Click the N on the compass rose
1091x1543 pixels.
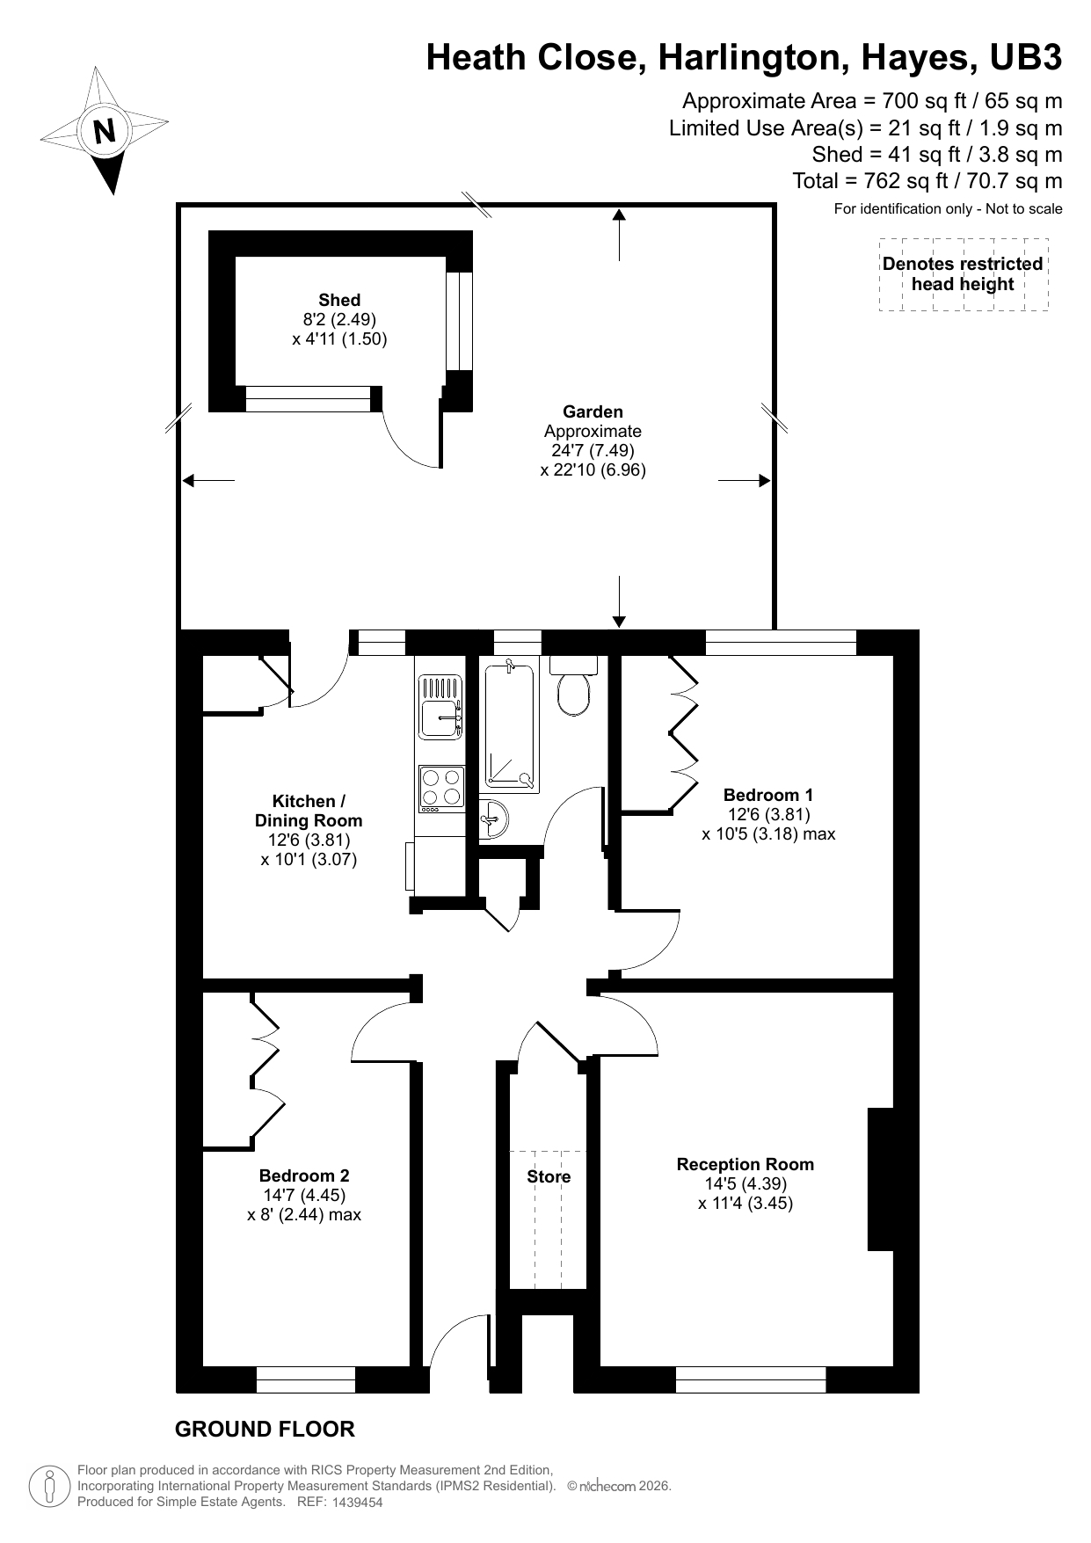tap(105, 131)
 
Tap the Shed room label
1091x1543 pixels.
tap(339, 301)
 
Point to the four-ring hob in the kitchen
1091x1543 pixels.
tap(441, 788)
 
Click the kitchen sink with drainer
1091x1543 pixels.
tap(440, 707)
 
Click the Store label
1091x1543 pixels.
tap(549, 1176)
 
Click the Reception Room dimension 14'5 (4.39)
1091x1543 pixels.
tap(745, 1183)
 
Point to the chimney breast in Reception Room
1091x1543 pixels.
tap(881, 1178)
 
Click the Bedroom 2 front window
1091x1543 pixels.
tap(306, 1379)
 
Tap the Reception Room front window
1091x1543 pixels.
tap(751, 1379)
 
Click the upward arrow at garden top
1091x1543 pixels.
tap(619, 232)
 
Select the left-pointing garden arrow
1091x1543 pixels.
tap(207, 480)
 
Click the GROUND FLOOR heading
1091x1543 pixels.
tap(265, 1429)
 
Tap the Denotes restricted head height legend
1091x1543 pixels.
tap(963, 274)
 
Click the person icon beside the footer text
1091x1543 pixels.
tap(50, 1487)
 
